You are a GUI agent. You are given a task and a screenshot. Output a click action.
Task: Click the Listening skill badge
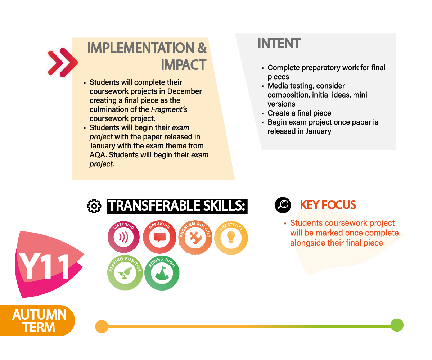click(x=123, y=237)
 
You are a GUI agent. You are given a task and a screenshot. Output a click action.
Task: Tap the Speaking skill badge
click(x=159, y=237)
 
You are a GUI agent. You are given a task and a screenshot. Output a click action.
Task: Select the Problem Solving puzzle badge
click(x=195, y=237)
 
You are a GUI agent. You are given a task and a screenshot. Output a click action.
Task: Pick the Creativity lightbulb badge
click(x=231, y=238)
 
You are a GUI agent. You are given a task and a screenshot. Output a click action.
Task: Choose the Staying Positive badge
click(x=125, y=273)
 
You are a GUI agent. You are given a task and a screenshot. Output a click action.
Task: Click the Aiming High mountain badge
click(x=162, y=273)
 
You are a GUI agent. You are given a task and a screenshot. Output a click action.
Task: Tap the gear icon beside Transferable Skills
click(x=94, y=206)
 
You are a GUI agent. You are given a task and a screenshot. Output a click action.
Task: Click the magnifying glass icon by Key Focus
click(x=283, y=205)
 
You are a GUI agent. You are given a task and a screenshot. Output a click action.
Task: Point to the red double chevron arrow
click(x=63, y=63)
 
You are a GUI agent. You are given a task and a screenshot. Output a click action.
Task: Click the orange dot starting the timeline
click(x=102, y=327)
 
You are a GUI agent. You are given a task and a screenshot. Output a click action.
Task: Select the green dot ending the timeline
click(x=397, y=325)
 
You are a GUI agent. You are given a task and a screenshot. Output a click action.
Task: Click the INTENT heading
click(x=279, y=43)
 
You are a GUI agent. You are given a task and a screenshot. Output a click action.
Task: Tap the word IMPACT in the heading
click(x=184, y=65)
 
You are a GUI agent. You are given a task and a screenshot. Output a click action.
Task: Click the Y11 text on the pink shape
click(x=44, y=266)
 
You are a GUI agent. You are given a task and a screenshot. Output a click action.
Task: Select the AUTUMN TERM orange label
click(x=37, y=321)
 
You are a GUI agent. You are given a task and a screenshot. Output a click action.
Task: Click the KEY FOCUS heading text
click(x=328, y=205)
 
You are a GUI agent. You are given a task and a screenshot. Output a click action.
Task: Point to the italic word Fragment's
click(x=169, y=109)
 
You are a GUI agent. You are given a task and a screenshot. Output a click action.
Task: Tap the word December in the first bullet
click(x=184, y=91)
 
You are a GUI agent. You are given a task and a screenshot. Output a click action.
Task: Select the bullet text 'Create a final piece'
click(x=299, y=113)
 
